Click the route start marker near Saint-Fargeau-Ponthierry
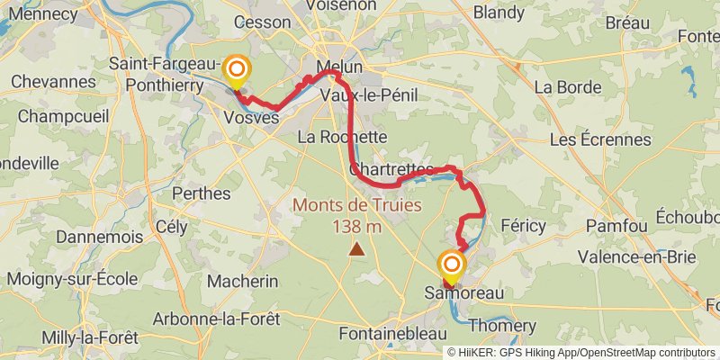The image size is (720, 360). pos(237,70)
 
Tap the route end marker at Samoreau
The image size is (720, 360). pos(451,265)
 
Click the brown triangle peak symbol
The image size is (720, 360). pos(357,248)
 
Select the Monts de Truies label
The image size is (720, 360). pos(356,206)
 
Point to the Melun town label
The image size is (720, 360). pos(339,67)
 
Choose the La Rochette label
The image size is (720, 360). pos(342,138)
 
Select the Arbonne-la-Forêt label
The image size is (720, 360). pos(216,319)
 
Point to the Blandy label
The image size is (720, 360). pos(498,13)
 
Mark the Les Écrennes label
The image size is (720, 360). pos(599,140)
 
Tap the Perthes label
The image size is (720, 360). pos(202,193)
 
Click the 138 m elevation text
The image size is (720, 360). pos(357,227)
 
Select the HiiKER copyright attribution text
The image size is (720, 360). pos(580,353)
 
